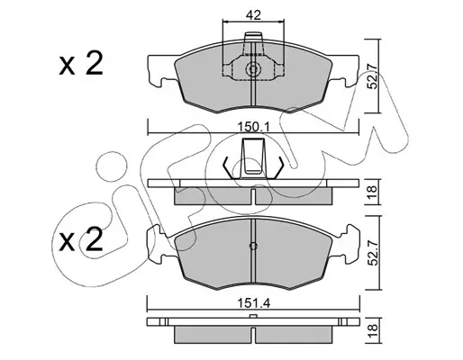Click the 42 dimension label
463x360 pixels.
(253, 15)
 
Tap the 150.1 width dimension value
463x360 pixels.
(254, 127)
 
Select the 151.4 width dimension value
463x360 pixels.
(254, 303)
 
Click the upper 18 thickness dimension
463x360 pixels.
(372, 192)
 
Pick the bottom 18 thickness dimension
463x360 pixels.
(372, 330)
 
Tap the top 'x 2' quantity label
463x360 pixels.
(81, 64)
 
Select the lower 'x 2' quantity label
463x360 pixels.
(81, 239)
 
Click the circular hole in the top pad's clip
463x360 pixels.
(253, 70)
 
